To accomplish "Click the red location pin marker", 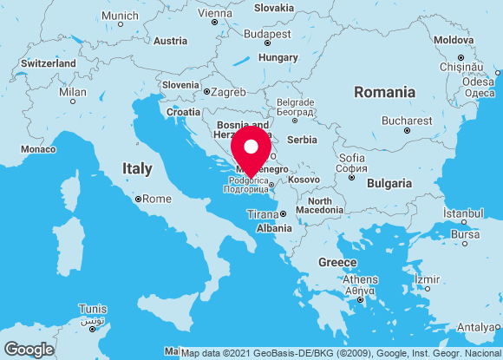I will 251,149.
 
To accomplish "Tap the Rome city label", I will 156,199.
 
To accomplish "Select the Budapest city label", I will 267,34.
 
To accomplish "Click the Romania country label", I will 384,92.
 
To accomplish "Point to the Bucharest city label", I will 407,121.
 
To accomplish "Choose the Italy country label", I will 137,168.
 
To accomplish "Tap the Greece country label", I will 337,262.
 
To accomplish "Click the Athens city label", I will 360,279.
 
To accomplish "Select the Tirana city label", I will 263,214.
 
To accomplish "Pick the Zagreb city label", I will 229,90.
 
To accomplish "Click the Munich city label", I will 120,16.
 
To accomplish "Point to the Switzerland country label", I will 49,63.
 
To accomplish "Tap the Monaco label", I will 38,149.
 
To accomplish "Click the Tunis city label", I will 93,309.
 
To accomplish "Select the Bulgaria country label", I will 389,183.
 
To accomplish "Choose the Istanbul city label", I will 463,213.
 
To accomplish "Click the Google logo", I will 29,349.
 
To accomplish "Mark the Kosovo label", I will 304,179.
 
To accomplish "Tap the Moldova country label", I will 454,40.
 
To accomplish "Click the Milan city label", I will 73,92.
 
